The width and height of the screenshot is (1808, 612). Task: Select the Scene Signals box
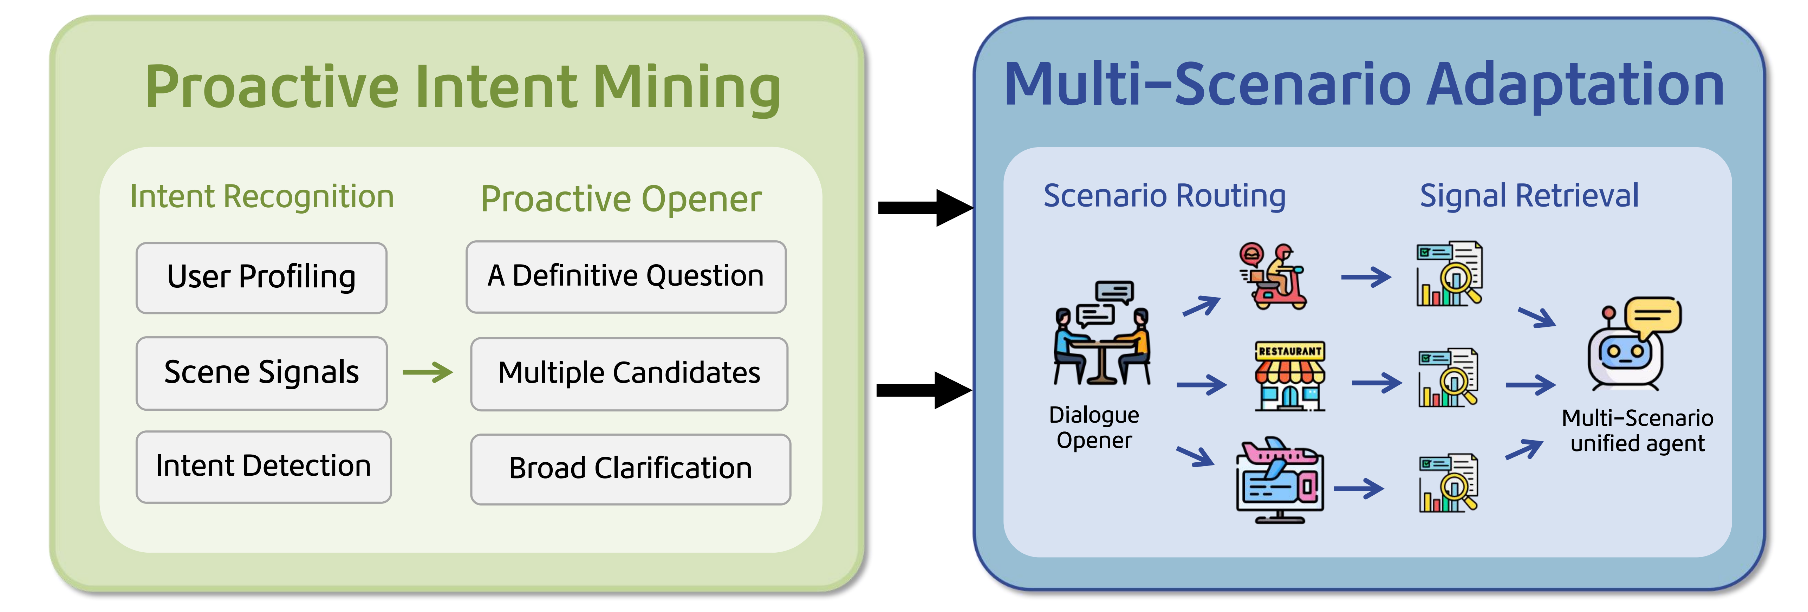pyautogui.click(x=261, y=373)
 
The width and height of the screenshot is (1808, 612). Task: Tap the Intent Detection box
pyautogui.click(x=263, y=467)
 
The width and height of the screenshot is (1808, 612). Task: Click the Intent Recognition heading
pyautogui.click(x=262, y=196)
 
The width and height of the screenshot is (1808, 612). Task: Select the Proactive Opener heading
pyautogui.click(x=620, y=199)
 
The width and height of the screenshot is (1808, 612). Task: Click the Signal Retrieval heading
pyautogui.click(x=1529, y=196)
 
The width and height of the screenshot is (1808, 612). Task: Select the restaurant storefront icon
pyautogui.click(x=1289, y=376)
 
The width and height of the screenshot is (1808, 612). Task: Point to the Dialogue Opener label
pyautogui.click(x=1093, y=428)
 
